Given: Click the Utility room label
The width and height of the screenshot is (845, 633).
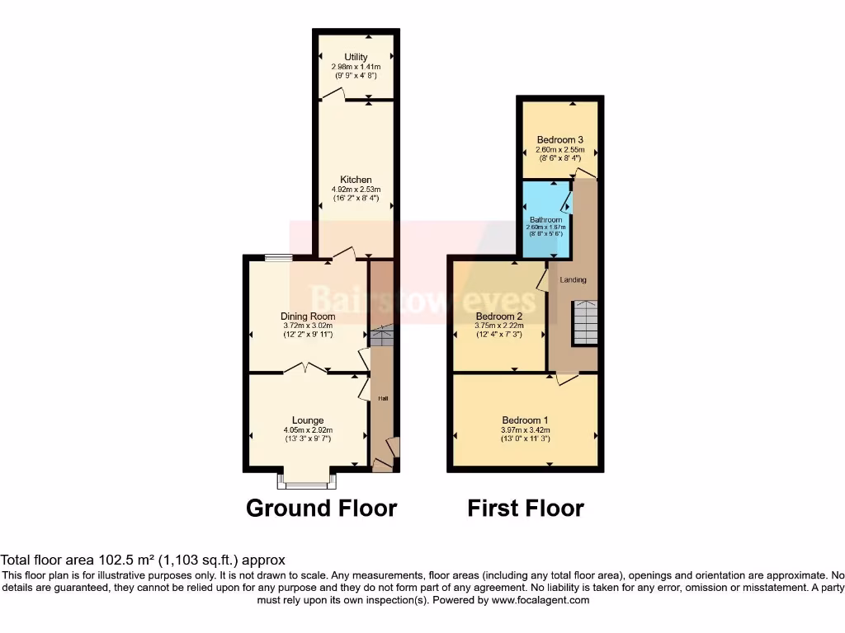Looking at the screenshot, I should coord(356,57).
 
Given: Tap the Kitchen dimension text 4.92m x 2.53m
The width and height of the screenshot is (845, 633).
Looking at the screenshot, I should coord(356,189).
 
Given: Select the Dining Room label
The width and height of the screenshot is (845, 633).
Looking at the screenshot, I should coord(308,316).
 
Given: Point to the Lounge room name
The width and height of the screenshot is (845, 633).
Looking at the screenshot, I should coord(308,420).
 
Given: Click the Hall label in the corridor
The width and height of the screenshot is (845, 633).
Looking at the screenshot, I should coord(383,399).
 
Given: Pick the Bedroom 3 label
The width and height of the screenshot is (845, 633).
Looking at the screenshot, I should coord(560,139).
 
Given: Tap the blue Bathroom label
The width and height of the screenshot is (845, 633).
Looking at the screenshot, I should coord(545,220).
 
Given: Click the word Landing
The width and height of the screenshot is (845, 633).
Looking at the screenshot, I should coord(574,280).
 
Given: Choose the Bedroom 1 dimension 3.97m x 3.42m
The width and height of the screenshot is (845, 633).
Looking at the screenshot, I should coord(525,429).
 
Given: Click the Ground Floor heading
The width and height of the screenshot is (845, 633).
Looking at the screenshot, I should coord(321,509).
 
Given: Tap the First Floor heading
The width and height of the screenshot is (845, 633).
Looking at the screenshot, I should coord(526,509).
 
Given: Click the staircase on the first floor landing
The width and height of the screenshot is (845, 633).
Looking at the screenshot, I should coord(585,323).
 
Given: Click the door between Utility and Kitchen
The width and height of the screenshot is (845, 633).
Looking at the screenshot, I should coord(333,96).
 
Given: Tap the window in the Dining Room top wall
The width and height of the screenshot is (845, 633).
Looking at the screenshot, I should coord(278,258).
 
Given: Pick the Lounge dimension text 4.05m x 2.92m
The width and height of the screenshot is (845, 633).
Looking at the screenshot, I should coord(308,430).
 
